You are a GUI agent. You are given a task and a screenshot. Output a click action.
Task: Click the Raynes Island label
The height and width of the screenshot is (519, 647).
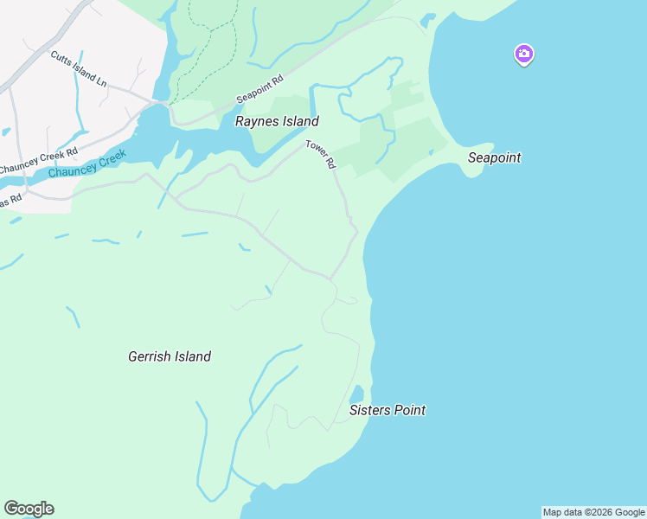tap(277, 122)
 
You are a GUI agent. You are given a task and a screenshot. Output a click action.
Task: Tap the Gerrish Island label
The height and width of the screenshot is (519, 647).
tap(170, 356)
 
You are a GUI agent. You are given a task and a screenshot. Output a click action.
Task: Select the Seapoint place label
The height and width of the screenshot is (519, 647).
tap(494, 158)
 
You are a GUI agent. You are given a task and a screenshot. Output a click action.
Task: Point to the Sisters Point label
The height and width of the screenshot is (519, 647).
tap(388, 410)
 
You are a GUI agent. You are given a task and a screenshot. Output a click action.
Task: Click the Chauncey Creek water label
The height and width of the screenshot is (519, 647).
tap(87, 164)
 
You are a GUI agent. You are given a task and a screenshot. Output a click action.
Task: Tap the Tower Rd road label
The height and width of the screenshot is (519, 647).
tap(320, 155)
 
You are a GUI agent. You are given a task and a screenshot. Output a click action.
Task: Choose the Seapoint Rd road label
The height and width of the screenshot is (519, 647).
tap(260, 89)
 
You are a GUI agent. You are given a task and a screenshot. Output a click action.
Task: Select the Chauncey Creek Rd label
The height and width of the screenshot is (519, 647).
tap(38, 158)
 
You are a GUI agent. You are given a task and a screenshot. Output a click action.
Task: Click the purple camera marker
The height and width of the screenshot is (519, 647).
tap(523, 54)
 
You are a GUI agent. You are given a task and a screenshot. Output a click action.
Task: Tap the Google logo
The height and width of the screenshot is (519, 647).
tap(29, 509)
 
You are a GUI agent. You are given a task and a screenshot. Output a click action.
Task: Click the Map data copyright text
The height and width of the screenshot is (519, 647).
tap(594, 512)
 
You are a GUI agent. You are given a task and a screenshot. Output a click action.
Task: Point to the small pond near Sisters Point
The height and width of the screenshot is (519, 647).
tap(356, 394)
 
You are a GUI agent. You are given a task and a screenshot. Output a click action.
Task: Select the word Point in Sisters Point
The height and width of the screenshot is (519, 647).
tap(410, 410)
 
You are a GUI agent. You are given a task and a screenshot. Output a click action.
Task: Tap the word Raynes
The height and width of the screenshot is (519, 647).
tap(256, 122)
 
